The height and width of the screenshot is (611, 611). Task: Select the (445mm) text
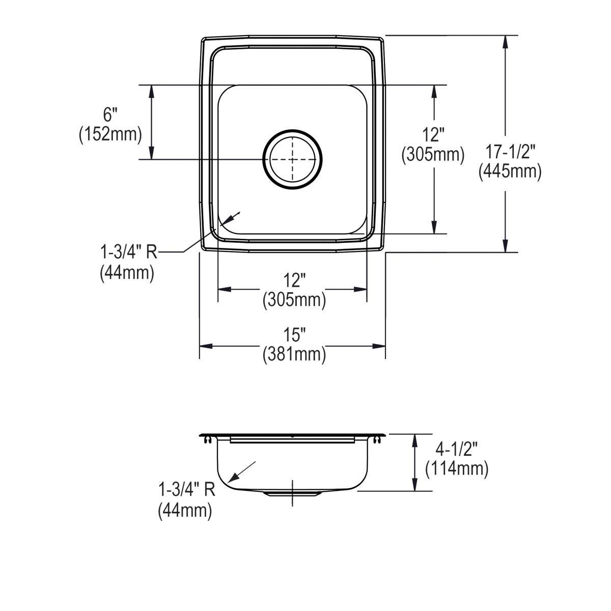tap(510, 172)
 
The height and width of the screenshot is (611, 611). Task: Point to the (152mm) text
tap(110, 134)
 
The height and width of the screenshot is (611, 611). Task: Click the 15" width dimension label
tap(294, 335)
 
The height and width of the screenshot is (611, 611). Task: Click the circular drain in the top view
tap(292, 159)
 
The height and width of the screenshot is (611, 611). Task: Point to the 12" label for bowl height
tap(433, 135)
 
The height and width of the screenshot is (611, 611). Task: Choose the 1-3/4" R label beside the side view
tap(187, 490)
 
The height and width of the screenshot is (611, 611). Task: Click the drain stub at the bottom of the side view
tap(292, 493)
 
